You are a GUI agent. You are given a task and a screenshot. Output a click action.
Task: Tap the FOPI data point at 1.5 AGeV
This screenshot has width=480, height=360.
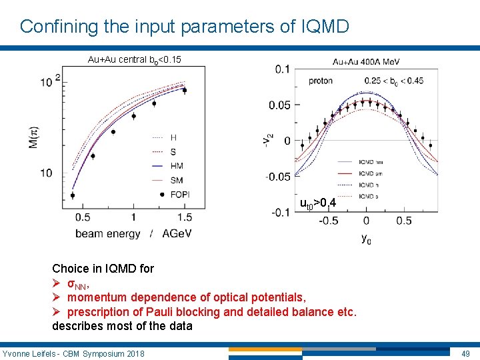click(185, 90)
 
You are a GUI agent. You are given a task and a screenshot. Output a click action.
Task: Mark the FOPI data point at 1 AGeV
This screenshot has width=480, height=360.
click(133, 116)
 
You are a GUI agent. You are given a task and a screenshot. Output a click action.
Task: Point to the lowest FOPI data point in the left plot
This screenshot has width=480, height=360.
click(72, 195)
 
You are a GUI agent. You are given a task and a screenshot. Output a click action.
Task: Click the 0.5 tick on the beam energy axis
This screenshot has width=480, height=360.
click(83, 217)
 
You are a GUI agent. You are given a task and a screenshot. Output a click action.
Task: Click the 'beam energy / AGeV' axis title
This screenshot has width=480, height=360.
click(133, 233)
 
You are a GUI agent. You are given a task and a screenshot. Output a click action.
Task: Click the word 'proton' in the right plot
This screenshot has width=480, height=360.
click(321, 81)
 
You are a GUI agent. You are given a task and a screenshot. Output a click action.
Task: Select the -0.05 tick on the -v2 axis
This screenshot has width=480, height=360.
click(279, 177)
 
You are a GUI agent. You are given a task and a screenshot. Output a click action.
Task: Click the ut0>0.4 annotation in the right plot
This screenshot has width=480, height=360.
click(322, 202)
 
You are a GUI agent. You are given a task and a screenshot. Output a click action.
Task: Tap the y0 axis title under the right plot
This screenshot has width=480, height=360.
click(366, 238)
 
